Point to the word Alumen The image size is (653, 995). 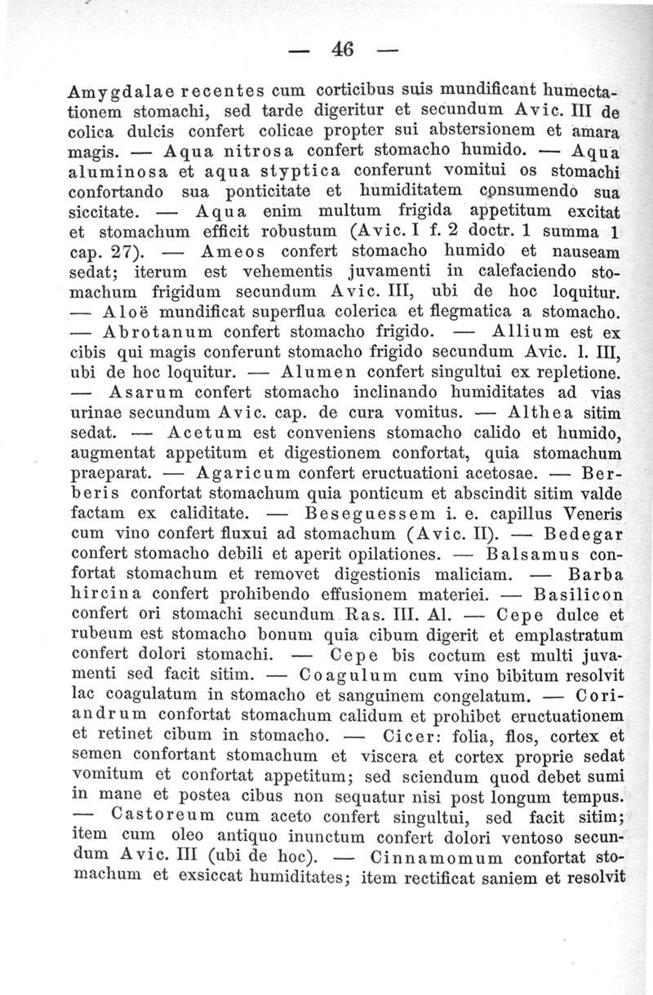[321, 375]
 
